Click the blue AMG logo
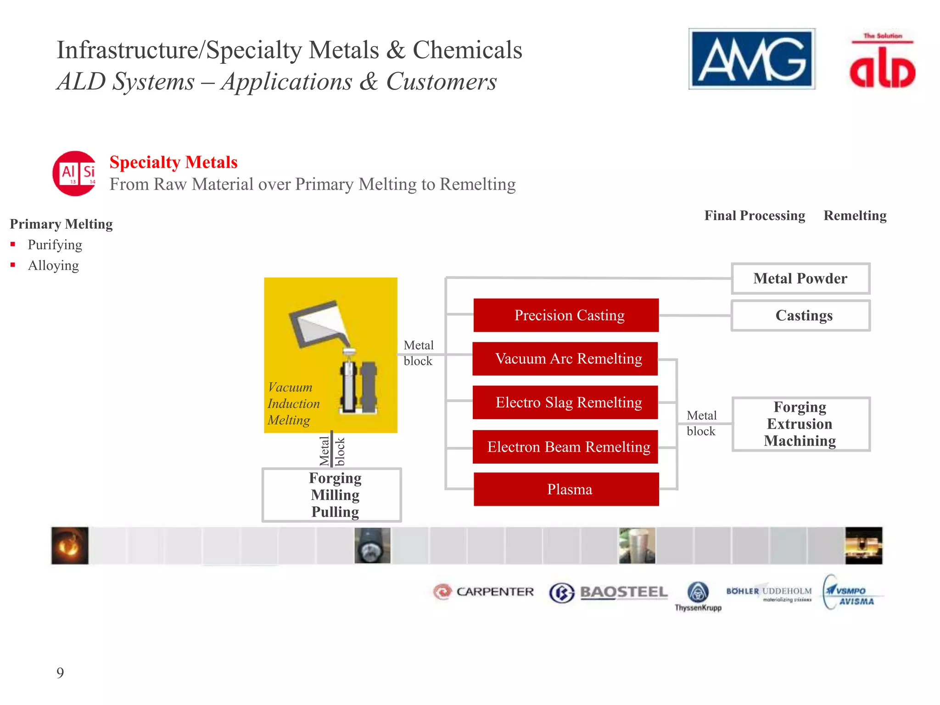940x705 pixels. (751, 59)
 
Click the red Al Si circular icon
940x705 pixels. (75, 173)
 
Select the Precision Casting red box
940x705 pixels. (566, 315)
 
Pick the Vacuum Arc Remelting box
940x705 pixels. (565, 358)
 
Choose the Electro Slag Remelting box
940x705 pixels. (565, 403)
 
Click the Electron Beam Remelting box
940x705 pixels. (565, 447)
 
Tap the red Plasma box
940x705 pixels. (566, 489)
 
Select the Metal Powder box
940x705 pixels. (800, 279)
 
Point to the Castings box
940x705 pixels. (800, 316)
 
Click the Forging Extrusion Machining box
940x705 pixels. (800, 424)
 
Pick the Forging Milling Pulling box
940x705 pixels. (332, 495)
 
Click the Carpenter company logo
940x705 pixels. (484, 592)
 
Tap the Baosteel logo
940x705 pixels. (608, 593)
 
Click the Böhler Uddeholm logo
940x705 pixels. (769, 593)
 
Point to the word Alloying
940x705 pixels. (53, 266)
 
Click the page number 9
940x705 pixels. (60, 673)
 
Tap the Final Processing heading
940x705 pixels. (755, 216)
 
